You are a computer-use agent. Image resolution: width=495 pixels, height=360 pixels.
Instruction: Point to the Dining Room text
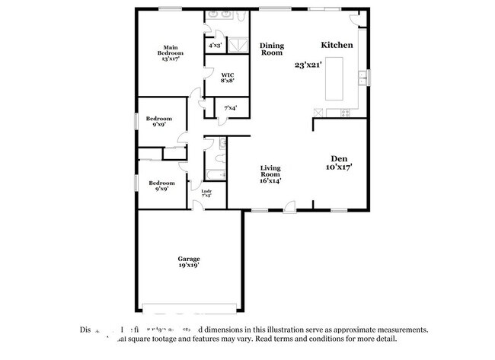click(x=272, y=49)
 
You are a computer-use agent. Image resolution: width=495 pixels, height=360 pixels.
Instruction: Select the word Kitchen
click(x=336, y=45)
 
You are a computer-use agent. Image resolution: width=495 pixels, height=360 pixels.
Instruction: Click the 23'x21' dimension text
click(x=308, y=65)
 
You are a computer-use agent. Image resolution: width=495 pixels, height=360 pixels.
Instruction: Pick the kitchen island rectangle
click(x=336, y=77)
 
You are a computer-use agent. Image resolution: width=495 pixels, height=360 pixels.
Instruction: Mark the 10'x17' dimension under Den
click(x=339, y=166)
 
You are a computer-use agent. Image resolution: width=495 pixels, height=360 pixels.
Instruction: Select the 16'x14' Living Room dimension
click(x=271, y=180)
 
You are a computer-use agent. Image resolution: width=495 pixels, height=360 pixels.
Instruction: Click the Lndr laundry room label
click(x=206, y=191)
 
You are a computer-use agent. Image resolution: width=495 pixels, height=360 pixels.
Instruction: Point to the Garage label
click(x=189, y=259)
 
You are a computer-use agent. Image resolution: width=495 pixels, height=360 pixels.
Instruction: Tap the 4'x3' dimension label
click(x=216, y=46)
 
